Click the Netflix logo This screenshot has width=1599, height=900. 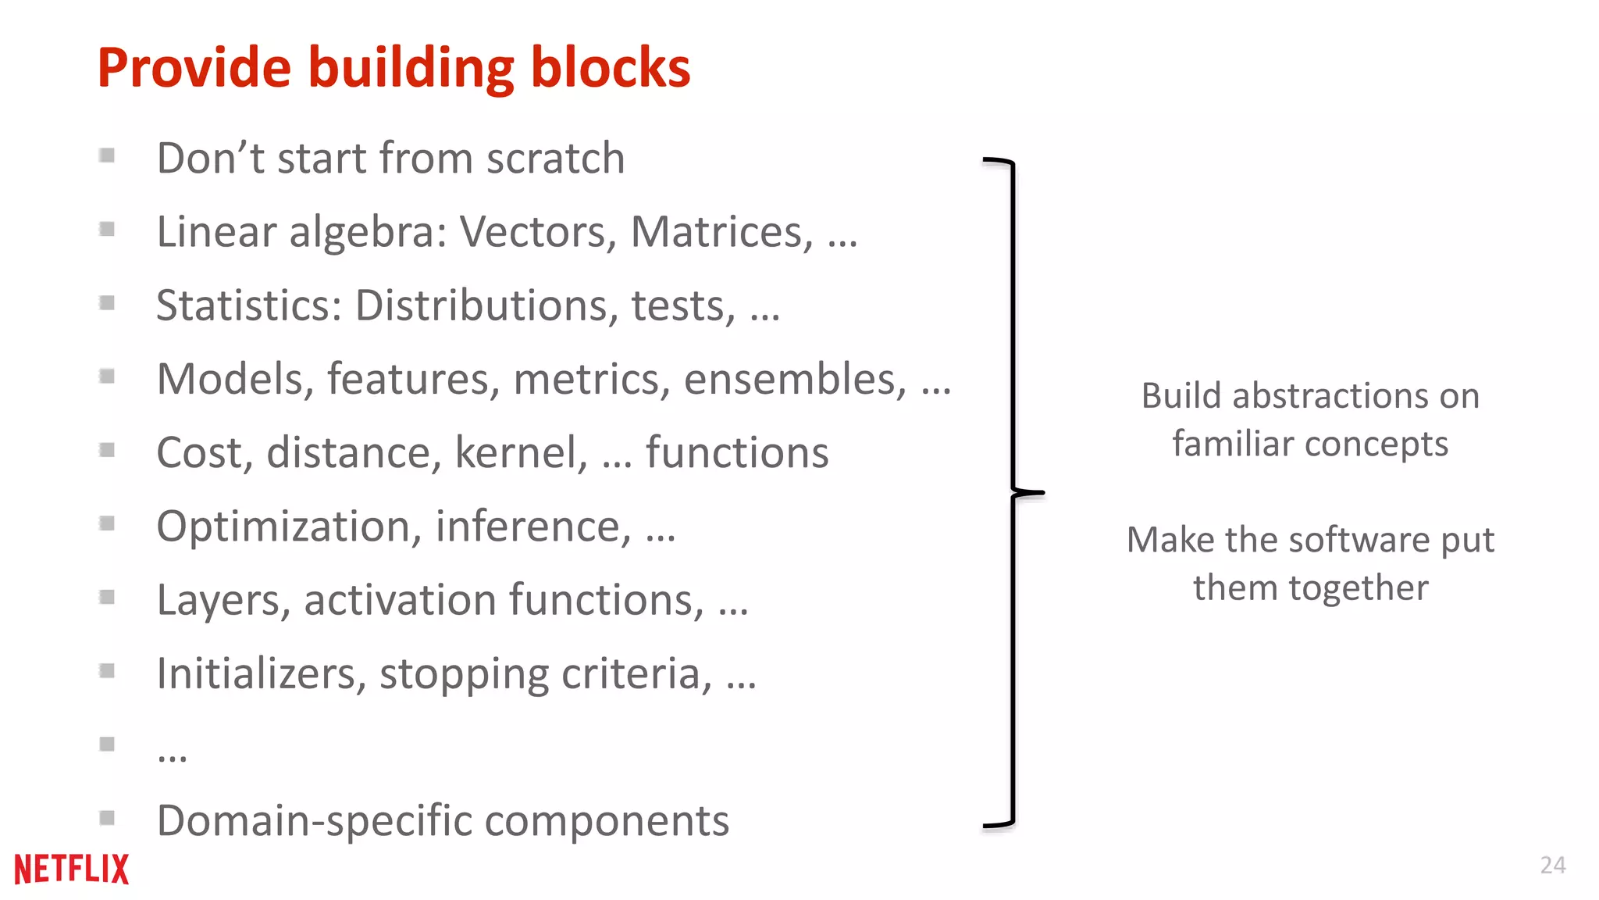point(72,869)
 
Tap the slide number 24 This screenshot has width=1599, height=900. point(1552,865)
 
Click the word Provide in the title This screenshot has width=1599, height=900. point(194,68)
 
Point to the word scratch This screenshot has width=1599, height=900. point(555,159)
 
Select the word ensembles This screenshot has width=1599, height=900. point(795,380)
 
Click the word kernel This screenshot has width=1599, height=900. point(521,453)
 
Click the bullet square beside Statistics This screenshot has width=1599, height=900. point(107,302)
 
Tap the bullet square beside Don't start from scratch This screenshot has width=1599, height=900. point(107,155)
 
